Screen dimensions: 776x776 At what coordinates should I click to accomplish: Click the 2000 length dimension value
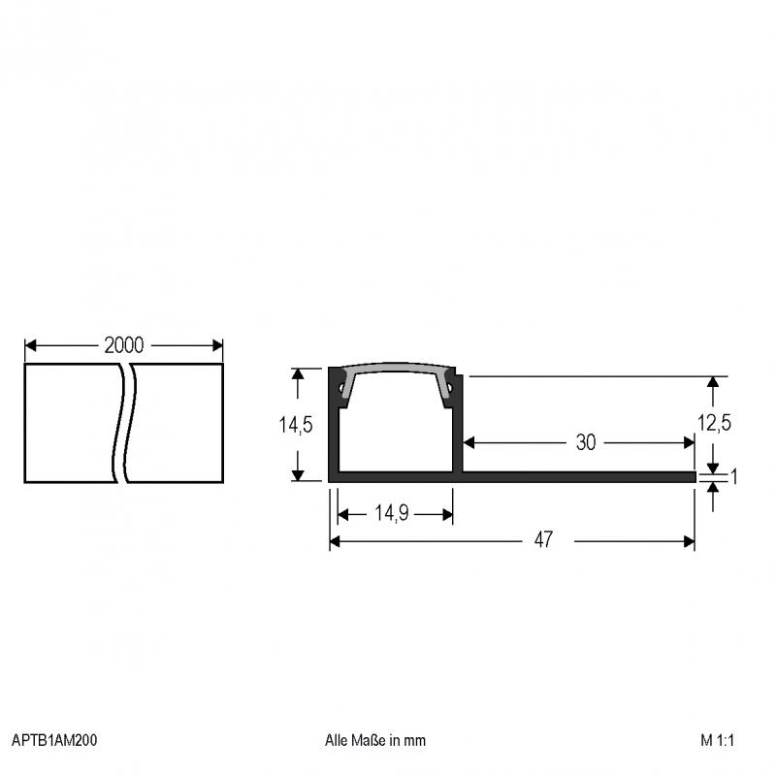point(124,345)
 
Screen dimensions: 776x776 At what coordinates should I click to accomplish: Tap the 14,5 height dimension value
point(296,425)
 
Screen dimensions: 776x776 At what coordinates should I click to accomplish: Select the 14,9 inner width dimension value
point(392,513)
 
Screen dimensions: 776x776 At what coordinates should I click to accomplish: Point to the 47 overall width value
point(543,540)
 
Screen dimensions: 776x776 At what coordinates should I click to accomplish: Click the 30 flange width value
point(586,442)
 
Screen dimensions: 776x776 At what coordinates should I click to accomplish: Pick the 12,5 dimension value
point(714,423)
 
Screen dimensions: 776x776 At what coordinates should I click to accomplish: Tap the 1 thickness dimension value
point(734,476)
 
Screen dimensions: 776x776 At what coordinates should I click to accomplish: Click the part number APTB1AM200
point(54,740)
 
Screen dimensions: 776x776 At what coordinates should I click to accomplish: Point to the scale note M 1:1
point(717,740)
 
